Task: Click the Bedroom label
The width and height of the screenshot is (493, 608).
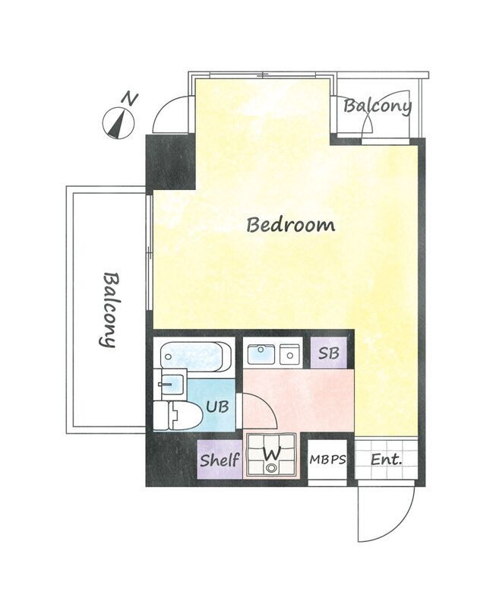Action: pos(291,225)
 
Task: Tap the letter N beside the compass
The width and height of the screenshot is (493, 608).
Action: pos(130,100)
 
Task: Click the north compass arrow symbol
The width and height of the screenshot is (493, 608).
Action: pos(119,124)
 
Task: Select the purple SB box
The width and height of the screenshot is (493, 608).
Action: pos(329,353)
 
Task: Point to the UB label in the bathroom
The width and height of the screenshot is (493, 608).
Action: pos(217,407)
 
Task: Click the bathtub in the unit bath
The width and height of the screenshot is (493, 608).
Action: pos(196,356)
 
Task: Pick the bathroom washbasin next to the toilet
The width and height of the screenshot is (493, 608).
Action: pos(170,385)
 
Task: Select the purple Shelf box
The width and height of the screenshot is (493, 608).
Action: pos(220,460)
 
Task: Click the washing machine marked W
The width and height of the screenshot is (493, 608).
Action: pos(273,454)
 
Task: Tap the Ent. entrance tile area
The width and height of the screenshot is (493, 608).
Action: pos(386,460)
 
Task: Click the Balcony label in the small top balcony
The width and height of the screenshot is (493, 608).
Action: pos(378,106)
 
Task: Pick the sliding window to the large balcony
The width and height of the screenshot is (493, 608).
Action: pos(149,252)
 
